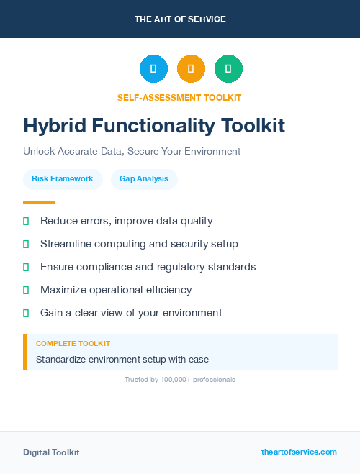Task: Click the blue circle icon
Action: point(153,69)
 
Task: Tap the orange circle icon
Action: point(191,69)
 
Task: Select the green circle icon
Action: point(228,69)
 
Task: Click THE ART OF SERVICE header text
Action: point(180,19)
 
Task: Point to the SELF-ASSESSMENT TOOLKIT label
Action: point(179,97)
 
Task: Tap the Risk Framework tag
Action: point(62,178)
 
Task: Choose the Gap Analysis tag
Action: point(144,178)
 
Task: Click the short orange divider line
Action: point(39,202)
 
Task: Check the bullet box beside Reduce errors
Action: point(26,221)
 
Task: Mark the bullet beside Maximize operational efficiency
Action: point(26,290)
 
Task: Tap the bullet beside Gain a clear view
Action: point(26,313)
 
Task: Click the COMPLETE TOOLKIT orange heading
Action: point(73,344)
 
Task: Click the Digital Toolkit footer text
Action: point(51,452)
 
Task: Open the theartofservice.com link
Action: point(299,452)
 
